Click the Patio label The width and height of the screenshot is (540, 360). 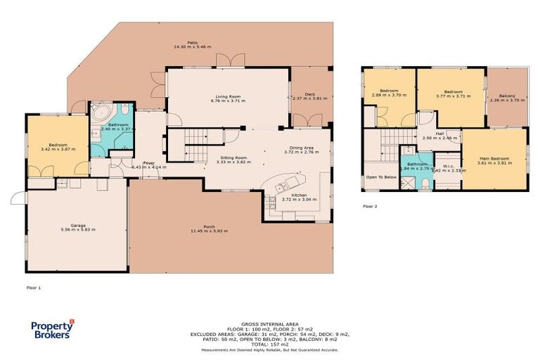pyautogui.click(x=192, y=44)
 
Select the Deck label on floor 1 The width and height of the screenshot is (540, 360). pyautogui.click(x=309, y=94)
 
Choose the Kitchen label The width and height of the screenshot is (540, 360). pyautogui.click(x=299, y=195)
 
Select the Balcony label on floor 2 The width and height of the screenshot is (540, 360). pyautogui.click(x=506, y=96)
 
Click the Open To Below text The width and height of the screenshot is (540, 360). pyautogui.click(x=381, y=177)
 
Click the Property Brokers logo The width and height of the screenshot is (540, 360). pyautogui.click(x=52, y=329)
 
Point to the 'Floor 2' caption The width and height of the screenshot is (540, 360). pyautogui.click(x=370, y=207)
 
